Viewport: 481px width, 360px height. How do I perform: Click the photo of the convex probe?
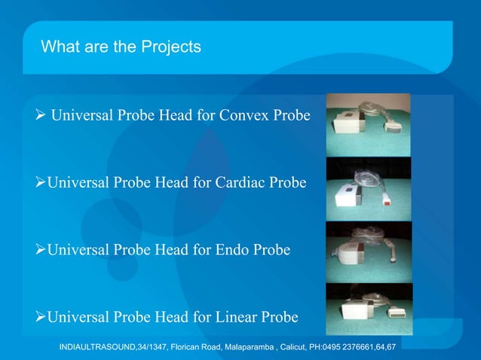(368, 124)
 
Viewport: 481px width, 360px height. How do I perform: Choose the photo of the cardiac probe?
(368, 188)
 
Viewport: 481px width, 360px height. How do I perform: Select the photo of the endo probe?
(368, 252)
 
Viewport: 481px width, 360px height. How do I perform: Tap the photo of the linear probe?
(368, 310)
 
